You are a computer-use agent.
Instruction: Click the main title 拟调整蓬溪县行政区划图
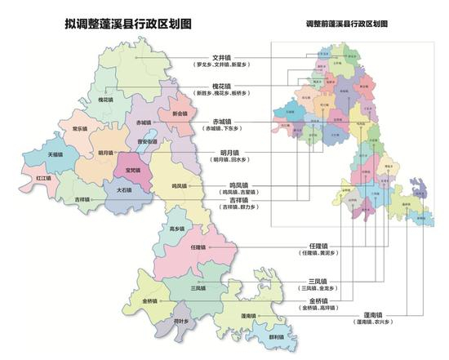point(126,24)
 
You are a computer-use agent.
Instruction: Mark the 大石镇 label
point(124,189)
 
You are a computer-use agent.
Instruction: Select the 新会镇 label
point(180,114)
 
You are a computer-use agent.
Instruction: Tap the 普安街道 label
point(147,141)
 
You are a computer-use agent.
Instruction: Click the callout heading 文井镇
point(223,57)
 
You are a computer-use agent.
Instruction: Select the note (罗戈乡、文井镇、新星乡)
point(223,65)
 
